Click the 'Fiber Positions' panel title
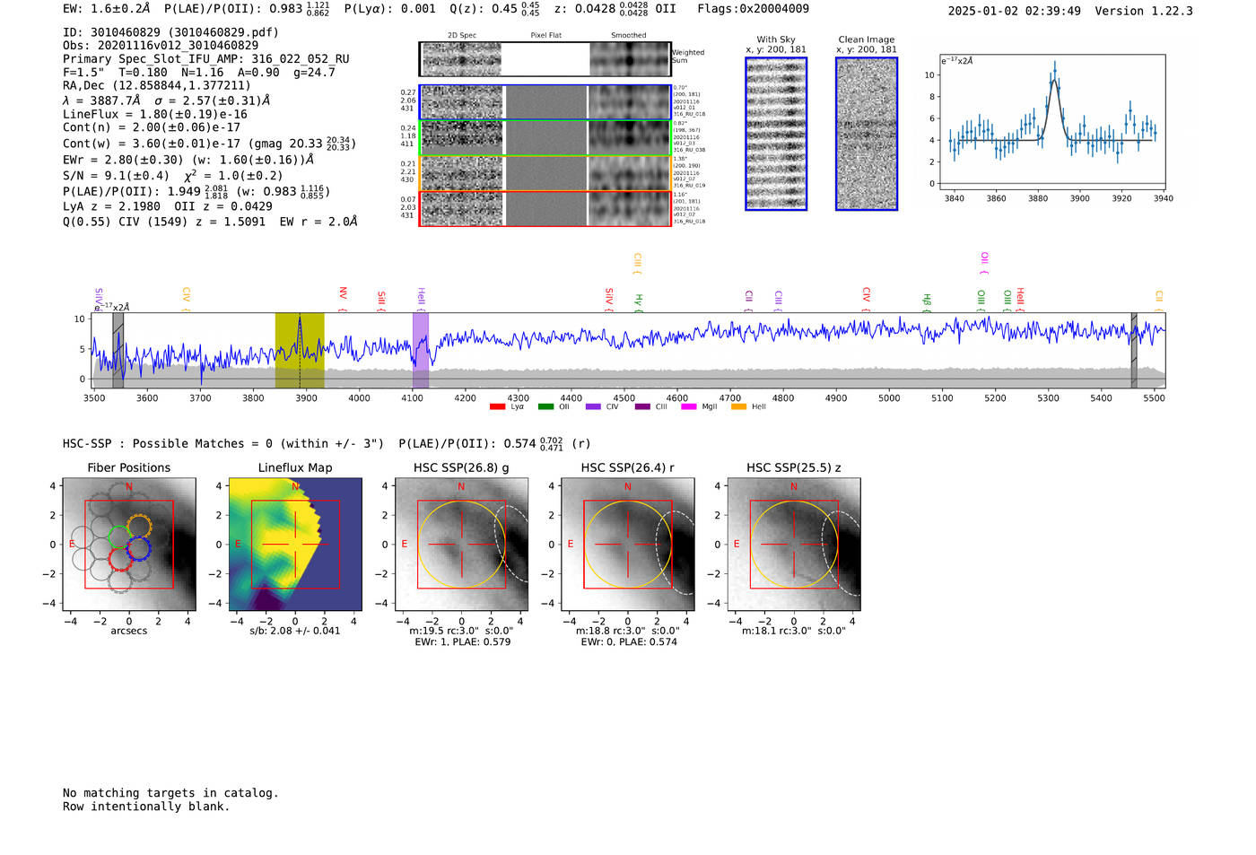coord(128,467)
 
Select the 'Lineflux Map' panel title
coord(294,467)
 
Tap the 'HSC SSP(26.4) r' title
coord(627,467)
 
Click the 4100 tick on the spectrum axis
coord(412,398)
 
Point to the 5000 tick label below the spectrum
coord(888,398)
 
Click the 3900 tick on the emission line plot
coord(1079,198)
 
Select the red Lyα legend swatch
coord(497,407)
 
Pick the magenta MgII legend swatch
coord(688,407)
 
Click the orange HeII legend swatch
coord(738,407)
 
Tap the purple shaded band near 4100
coord(420,350)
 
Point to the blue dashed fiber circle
coord(138,548)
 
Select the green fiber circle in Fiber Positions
coord(118,537)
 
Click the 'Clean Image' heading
coord(866,39)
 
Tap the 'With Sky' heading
coord(775,39)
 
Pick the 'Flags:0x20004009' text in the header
coord(753,8)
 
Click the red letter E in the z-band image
coord(737,544)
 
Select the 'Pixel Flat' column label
coord(545,36)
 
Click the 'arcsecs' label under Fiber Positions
coord(128,631)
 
